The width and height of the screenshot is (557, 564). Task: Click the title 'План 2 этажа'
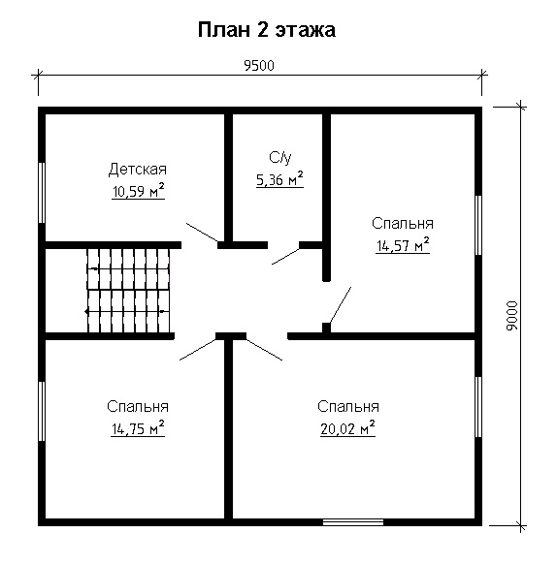(267, 30)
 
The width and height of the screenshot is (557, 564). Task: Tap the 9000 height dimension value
(513, 315)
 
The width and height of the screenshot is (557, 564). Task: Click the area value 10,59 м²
(138, 191)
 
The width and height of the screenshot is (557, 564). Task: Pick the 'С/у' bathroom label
(279, 157)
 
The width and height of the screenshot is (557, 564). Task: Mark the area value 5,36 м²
(279, 177)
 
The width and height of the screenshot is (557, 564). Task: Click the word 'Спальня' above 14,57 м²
(403, 224)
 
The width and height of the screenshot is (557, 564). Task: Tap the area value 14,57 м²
(403, 245)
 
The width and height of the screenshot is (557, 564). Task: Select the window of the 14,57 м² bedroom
(479, 226)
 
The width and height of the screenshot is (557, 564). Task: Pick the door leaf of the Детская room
(203, 234)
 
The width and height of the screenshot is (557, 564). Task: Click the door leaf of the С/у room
(285, 255)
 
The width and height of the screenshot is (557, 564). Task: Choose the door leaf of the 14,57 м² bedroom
(338, 306)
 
